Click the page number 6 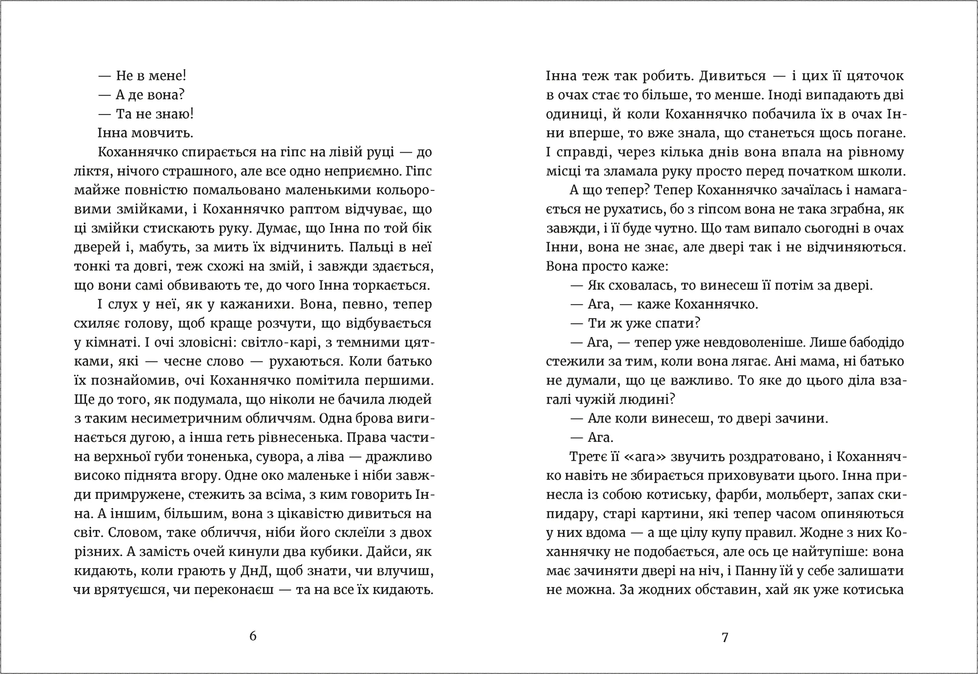[253, 636]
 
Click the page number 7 [725, 637]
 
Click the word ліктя [92, 171]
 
